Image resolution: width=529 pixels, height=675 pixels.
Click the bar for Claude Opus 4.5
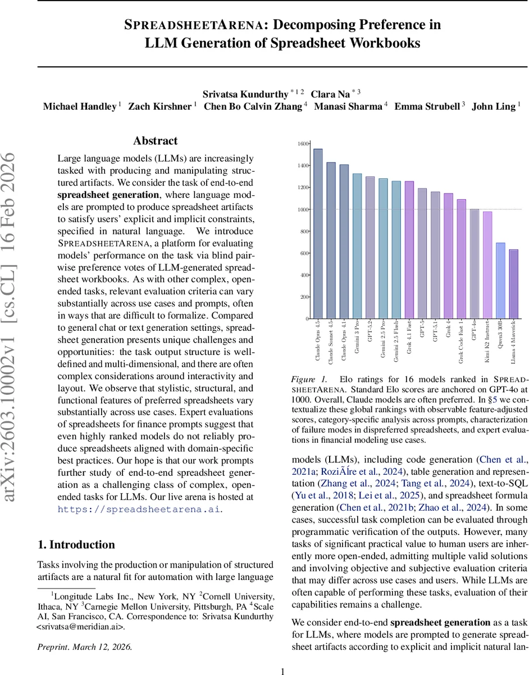[x=318, y=233]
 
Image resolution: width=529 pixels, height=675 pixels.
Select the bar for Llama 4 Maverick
[x=514, y=284]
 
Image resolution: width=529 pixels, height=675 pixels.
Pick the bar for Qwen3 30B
[x=500, y=281]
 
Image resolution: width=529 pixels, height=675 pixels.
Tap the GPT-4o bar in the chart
[x=475, y=264]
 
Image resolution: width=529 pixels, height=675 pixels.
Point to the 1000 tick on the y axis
[x=303, y=209]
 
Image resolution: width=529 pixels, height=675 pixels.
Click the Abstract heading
[x=156, y=141]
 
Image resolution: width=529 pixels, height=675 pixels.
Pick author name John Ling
[x=495, y=107]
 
